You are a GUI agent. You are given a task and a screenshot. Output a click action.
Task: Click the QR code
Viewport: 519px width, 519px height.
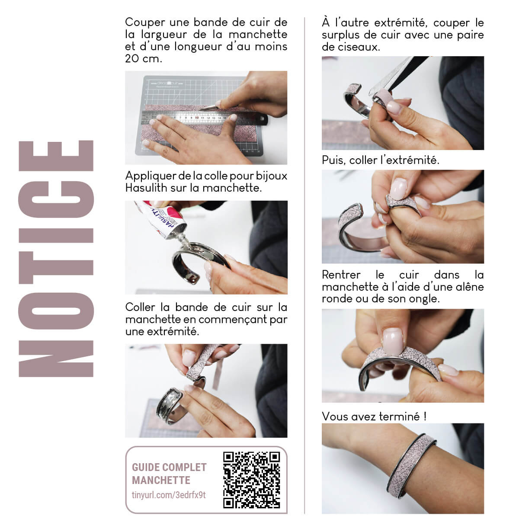[251, 480]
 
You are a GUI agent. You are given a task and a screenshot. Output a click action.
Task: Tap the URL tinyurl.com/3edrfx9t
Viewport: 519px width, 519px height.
[169, 495]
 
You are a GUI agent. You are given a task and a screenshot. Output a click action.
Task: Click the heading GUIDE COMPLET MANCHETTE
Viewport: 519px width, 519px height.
[169, 474]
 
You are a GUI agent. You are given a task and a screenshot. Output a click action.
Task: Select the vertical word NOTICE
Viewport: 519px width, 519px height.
[56, 259]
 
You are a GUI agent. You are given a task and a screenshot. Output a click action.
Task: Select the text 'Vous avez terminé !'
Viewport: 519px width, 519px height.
[374, 416]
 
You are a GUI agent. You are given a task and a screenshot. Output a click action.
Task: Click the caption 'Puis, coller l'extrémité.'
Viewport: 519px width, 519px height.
[380, 160]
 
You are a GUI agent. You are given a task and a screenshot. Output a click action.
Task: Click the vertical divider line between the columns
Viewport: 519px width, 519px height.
[304, 259]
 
